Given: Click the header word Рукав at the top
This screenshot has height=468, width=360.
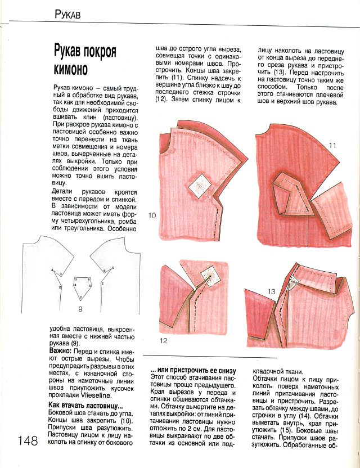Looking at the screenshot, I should click(67, 15).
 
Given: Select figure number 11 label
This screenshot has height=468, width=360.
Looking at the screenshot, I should click(332, 146).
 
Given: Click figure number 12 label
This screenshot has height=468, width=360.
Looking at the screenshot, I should click(164, 341).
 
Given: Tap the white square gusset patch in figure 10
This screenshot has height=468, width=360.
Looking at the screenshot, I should click(198, 184).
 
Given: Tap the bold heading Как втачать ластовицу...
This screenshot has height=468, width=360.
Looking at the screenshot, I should click(85, 406).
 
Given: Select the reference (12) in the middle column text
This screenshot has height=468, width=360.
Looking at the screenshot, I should click(161, 99).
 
